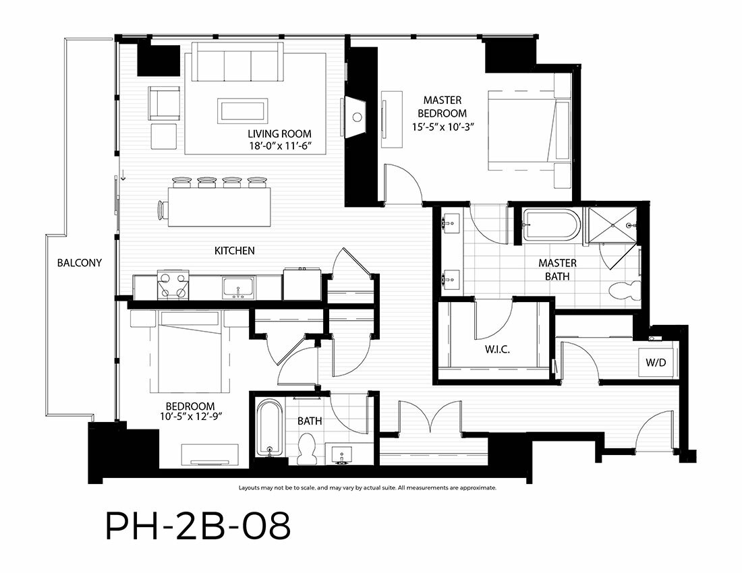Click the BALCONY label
tap(80, 263)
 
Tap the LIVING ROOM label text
tap(279, 133)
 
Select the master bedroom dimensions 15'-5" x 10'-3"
tap(443, 127)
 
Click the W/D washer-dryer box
tap(656, 362)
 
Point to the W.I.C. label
tap(497, 350)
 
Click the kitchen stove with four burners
tap(173, 285)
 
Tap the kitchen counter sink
tap(238, 288)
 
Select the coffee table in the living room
tap(243, 111)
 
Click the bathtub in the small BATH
tap(269, 428)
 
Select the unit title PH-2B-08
tap(198, 527)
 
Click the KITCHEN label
tap(235, 251)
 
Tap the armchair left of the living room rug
tap(164, 102)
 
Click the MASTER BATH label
tap(557, 270)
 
